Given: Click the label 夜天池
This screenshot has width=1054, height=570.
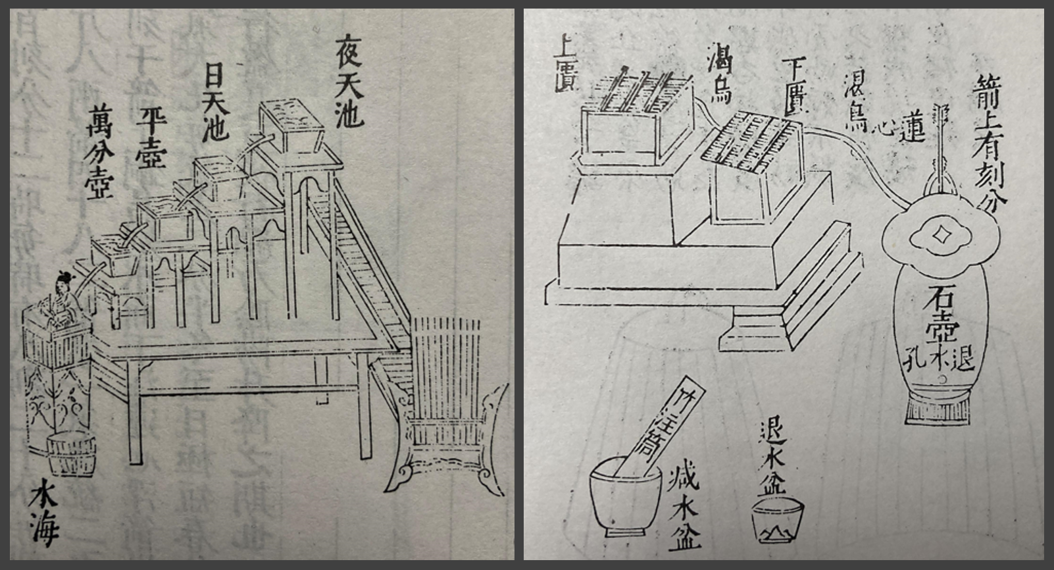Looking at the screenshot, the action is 348,81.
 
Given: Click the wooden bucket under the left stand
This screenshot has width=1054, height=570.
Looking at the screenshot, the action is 72,452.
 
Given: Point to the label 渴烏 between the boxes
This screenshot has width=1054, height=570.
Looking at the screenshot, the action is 718,78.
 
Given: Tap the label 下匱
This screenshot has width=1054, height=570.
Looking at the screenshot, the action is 794,86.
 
